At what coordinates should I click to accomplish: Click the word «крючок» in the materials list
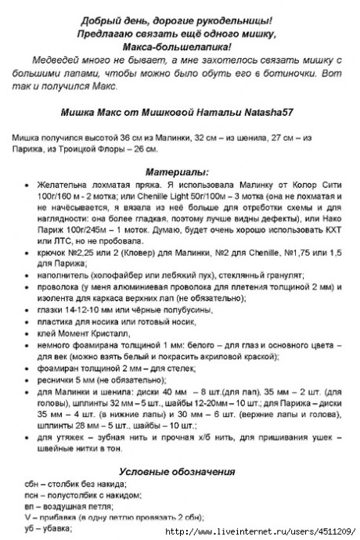coord(51,253)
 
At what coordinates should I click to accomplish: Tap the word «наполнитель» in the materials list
coord(62,275)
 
